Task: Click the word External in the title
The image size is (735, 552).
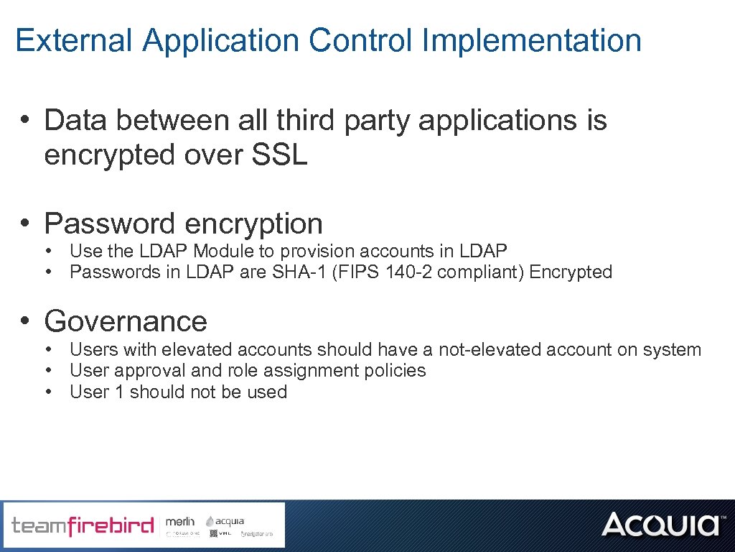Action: point(74,40)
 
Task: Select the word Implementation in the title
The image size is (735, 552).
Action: point(532,40)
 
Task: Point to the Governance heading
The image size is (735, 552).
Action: point(126,321)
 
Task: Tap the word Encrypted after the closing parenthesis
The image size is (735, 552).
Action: point(571,272)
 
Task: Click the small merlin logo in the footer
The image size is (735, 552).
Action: point(180,520)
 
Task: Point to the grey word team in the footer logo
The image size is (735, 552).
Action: point(39,525)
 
